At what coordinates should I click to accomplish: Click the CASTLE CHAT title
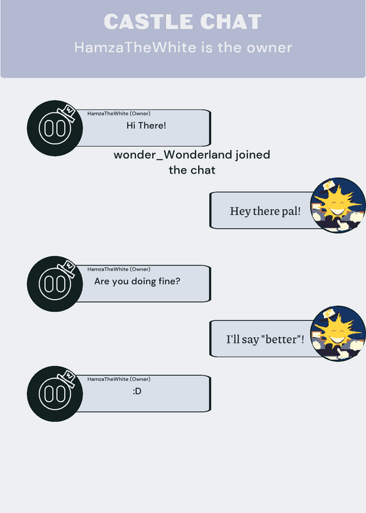[x=183, y=22]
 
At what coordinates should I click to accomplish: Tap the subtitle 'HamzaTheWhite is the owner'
[x=183, y=47]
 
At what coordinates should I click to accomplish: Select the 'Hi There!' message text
[x=146, y=125]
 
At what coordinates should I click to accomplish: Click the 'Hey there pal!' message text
[x=265, y=211]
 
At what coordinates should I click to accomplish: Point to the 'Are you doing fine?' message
[x=137, y=282]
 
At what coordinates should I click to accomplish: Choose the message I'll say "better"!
[x=265, y=339]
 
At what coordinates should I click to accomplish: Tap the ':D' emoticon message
[x=137, y=391]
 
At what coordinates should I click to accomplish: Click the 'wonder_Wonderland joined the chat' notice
[x=192, y=162]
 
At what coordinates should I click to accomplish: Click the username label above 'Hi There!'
[x=119, y=114]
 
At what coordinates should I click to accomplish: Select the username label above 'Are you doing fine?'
[x=119, y=269]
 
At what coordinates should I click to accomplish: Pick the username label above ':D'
[x=119, y=379]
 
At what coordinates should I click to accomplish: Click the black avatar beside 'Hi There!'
[x=54, y=128]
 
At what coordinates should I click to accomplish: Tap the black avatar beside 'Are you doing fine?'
[x=54, y=284]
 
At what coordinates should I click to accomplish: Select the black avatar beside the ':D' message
[x=54, y=394]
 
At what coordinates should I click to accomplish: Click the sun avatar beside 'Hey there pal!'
[x=338, y=205]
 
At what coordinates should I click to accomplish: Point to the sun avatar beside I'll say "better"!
[x=338, y=333]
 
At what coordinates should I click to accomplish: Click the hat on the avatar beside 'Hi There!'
[x=67, y=113]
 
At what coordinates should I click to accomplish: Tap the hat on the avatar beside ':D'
[x=67, y=378]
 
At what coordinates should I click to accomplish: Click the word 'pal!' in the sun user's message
[x=291, y=211]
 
